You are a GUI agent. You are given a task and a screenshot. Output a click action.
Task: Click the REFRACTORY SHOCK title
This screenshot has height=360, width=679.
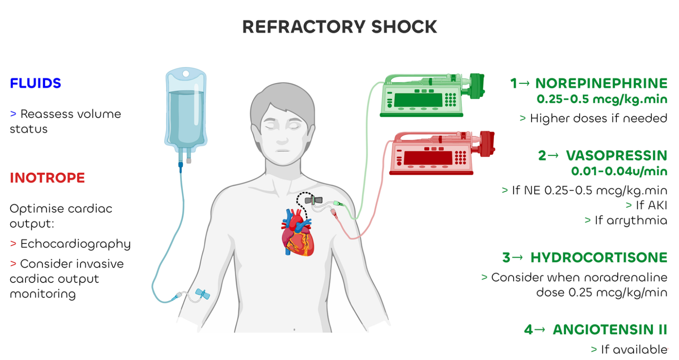tap(339, 27)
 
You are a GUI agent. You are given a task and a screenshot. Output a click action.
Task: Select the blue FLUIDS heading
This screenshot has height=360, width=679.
tap(35, 83)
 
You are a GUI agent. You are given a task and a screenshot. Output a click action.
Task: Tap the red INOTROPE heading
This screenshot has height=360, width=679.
tap(47, 178)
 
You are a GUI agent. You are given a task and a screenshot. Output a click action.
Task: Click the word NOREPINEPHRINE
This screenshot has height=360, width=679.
tap(601, 83)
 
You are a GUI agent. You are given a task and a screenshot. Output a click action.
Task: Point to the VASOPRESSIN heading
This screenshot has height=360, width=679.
tap(616, 156)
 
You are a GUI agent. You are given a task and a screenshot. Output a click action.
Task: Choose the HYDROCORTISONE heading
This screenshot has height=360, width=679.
tap(599, 258)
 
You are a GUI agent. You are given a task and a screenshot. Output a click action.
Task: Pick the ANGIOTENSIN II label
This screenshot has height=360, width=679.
tap(610, 330)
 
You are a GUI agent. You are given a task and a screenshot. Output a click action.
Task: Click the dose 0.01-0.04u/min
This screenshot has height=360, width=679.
tap(619, 171)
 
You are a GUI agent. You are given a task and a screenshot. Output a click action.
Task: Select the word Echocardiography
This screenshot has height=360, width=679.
tap(75, 244)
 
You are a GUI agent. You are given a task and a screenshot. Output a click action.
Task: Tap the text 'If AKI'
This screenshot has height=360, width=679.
tap(651, 205)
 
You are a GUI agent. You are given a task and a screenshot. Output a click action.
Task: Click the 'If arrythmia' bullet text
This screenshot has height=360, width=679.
tap(630, 220)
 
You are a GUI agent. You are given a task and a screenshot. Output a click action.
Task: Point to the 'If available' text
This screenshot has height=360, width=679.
tap(634, 349)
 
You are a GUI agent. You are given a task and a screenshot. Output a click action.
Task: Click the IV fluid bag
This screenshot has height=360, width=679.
tap(186, 110)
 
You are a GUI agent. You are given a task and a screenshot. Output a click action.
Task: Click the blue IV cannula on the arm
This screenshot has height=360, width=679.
tap(203, 294)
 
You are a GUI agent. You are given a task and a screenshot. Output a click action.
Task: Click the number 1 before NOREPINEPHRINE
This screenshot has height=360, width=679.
tap(513, 83)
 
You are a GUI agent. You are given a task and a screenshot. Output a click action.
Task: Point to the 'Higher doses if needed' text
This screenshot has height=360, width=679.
tap(598, 118)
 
